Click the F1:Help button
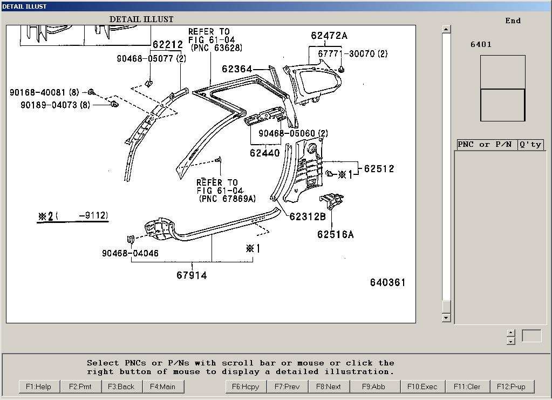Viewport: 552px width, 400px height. pos(39,387)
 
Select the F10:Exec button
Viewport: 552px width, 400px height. pos(422,387)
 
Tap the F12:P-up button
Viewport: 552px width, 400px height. pos(511,387)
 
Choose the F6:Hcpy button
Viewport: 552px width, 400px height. pos(246,387)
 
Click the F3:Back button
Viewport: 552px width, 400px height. pos(121,387)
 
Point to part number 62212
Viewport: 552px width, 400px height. pos(167,45)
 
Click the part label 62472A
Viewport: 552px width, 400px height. pos(329,36)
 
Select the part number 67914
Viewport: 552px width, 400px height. pos(192,275)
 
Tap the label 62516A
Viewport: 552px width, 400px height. pos(335,234)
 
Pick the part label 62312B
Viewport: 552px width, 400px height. pos(308,216)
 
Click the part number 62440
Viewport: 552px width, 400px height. pos(265,153)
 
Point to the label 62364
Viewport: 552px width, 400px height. pos(237,69)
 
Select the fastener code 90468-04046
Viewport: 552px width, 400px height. pos(130,253)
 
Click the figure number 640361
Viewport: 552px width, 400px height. pos(387,282)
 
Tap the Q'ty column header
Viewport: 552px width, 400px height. pos(530,145)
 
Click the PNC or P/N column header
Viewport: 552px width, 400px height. pos(485,145)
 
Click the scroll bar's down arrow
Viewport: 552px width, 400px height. pos(446,318)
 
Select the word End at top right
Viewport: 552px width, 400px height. pos(513,21)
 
